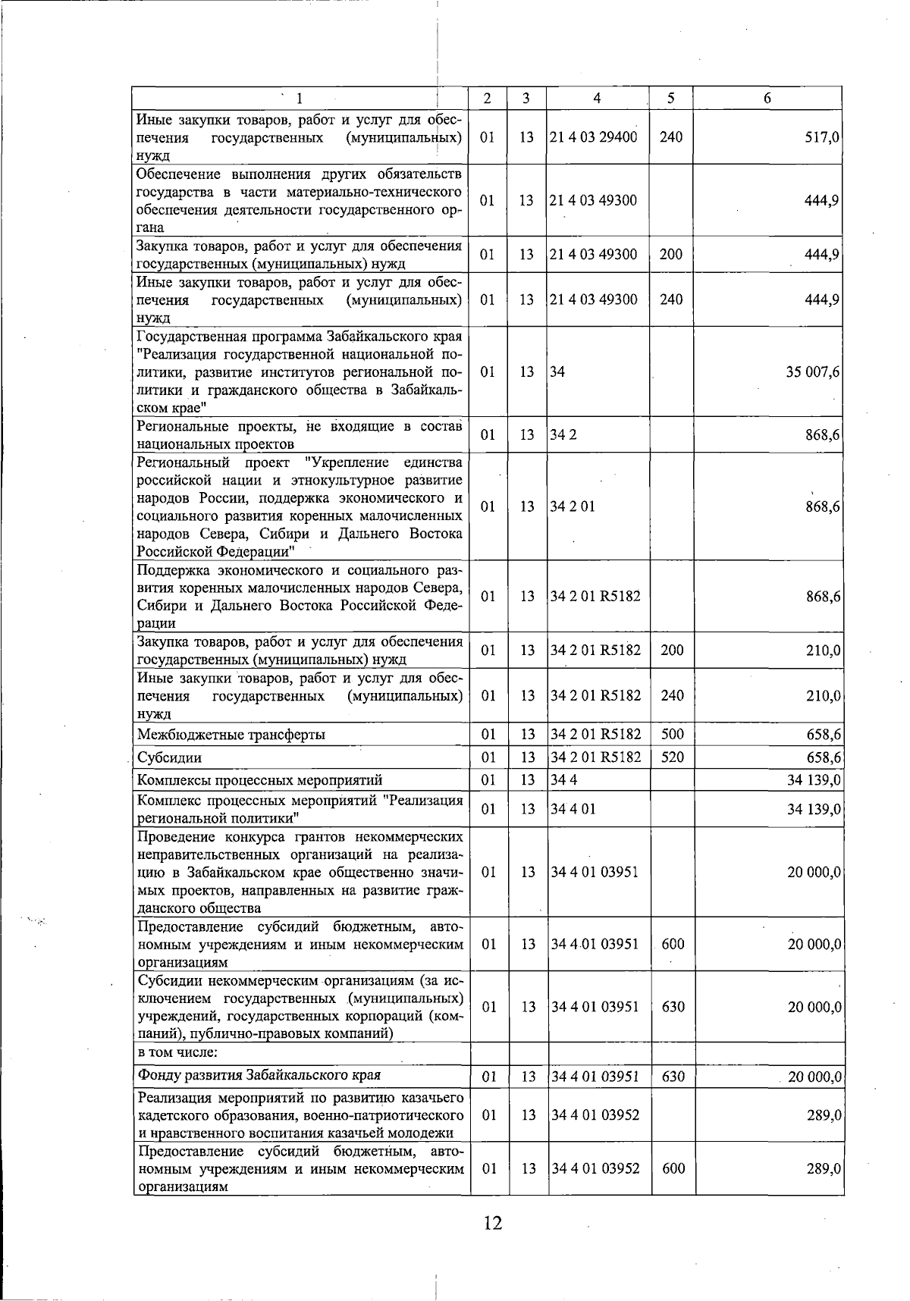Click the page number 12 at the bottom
492,1222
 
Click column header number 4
598,98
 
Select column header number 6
767,98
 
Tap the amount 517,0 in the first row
822,137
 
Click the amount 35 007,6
812,372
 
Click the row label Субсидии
169,757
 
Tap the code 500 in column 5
672,734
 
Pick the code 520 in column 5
672,757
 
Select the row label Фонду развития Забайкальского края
259,1075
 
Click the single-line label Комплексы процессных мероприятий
259,780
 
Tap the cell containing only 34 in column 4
557,372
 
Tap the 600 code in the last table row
673,1168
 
